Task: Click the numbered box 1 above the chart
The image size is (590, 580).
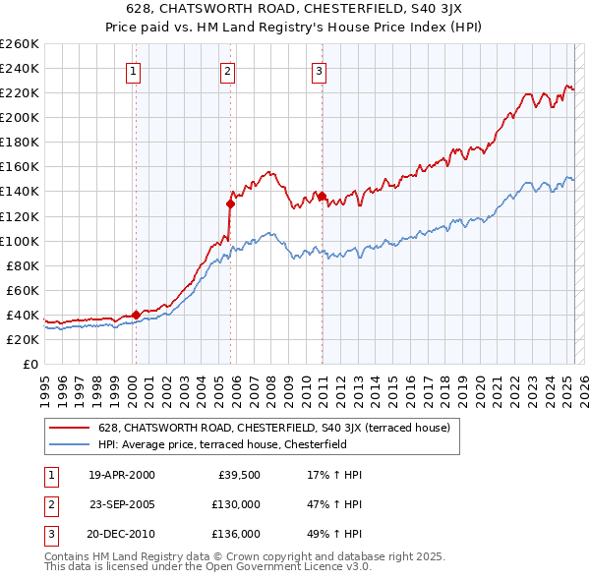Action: point(133,70)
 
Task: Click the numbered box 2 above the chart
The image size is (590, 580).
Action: point(227,70)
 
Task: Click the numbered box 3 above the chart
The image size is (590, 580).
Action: point(320,70)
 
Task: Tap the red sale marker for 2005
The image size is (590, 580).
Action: point(231,203)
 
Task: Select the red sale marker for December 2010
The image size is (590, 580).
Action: point(323,196)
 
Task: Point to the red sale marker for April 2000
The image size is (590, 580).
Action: point(136,315)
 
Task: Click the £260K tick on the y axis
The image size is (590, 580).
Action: point(19,44)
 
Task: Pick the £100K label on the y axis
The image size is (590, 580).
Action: point(19,241)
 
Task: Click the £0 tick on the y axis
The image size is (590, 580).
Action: point(29,364)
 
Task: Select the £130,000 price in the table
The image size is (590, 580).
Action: point(237,503)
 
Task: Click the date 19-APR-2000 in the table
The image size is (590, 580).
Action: point(121,475)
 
